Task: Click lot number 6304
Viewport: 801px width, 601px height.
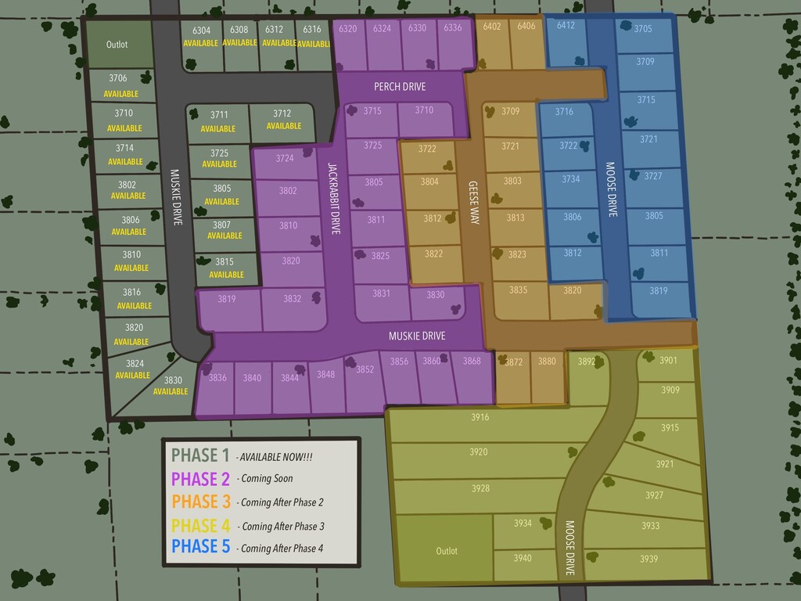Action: click(201, 31)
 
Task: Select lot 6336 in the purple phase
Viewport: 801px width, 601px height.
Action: click(452, 28)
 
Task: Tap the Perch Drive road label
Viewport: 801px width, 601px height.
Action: click(400, 87)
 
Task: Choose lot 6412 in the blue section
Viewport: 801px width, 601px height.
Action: click(566, 26)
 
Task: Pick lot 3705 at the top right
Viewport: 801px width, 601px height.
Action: click(643, 29)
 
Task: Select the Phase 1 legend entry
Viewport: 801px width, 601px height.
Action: click(200, 455)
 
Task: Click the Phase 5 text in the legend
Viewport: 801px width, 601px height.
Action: click(200, 547)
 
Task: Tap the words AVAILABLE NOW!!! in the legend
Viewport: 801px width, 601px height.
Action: click(276, 456)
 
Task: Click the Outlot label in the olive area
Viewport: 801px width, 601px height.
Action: click(447, 551)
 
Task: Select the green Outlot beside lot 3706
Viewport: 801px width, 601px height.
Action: click(117, 45)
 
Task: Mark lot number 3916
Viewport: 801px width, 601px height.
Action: click(480, 417)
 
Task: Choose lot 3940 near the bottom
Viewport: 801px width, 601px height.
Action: click(523, 558)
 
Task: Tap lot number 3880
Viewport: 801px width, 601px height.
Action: click(547, 362)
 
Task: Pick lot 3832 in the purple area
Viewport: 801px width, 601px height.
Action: click(292, 298)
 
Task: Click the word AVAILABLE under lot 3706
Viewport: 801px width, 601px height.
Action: click(120, 94)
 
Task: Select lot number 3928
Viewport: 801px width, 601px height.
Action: click(480, 488)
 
